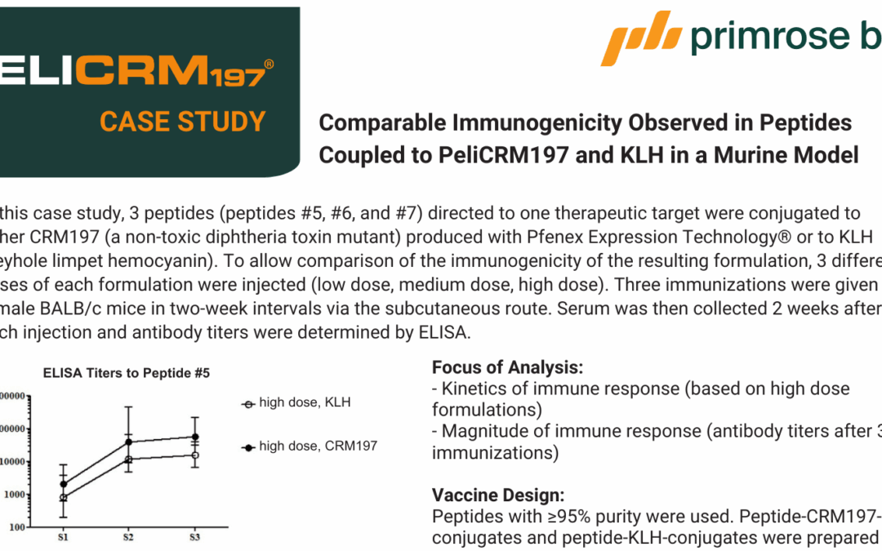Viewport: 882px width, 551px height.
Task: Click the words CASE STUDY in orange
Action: [x=182, y=122]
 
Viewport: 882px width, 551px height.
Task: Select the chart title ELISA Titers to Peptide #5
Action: [x=126, y=373]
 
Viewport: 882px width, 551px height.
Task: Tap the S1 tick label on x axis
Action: [x=63, y=537]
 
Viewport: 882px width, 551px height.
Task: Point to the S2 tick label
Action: [x=129, y=537]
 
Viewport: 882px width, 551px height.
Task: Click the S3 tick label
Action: [x=194, y=537]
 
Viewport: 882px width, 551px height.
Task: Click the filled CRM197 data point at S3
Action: [x=194, y=437]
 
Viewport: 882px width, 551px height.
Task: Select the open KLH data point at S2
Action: [x=129, y=460]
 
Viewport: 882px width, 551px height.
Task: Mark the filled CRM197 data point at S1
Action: [x=63, y=484]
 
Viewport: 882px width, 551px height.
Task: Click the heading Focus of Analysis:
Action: [x=507, y=367]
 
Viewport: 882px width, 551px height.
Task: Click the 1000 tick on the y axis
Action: [x=15, y=495]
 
